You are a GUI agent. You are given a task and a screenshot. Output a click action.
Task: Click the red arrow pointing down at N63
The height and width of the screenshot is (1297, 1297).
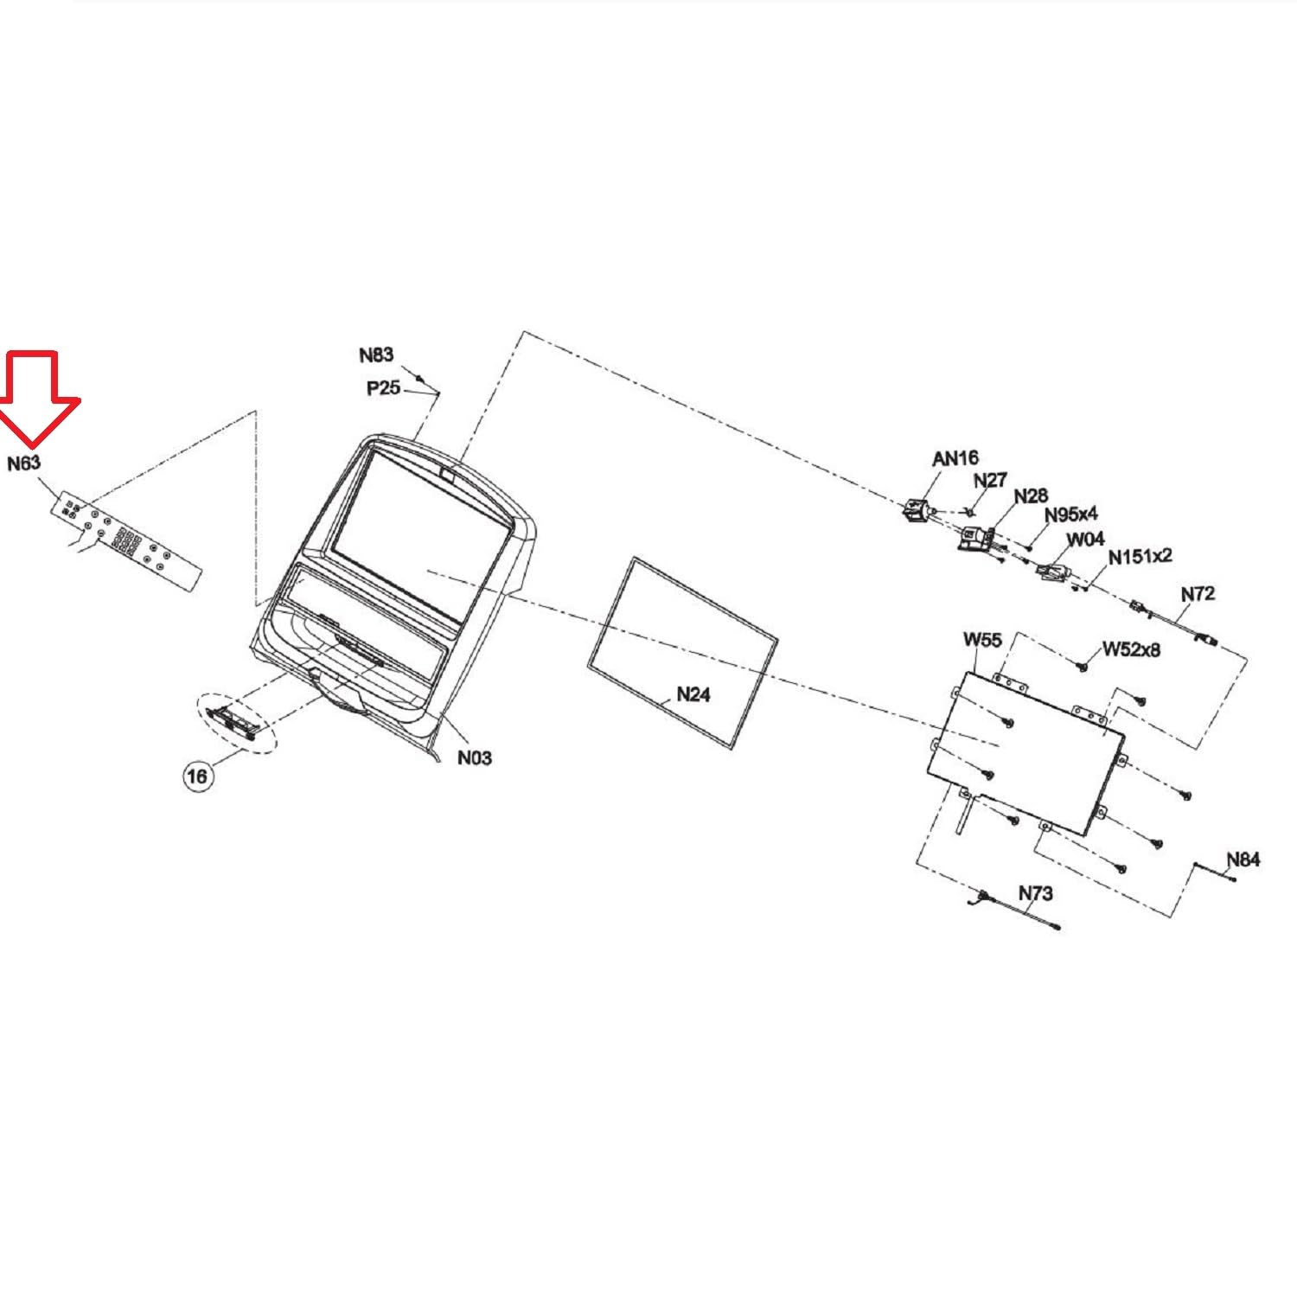38,397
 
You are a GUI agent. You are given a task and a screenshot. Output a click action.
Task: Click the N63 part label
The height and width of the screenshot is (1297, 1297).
24,463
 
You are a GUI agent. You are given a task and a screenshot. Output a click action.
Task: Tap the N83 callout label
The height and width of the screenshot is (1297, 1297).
376,355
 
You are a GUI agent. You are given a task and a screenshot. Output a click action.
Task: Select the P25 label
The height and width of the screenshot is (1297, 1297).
383,388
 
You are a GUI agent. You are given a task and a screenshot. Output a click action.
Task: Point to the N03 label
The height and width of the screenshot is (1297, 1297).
474,757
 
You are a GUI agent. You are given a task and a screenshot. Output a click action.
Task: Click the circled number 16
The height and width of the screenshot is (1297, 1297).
197,776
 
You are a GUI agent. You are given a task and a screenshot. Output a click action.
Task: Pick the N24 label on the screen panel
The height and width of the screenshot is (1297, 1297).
693,694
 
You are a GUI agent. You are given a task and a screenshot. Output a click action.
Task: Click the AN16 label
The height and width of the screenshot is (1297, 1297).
955,458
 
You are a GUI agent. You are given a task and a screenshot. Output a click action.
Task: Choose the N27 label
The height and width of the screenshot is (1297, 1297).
990,480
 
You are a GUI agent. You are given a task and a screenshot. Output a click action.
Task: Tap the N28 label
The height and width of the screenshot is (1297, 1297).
1031,495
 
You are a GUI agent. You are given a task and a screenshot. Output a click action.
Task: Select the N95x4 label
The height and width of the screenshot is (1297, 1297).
1071,514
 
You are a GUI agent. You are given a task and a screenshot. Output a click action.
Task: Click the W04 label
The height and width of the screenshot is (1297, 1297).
1085,540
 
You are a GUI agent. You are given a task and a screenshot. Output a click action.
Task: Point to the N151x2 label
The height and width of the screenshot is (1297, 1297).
1140,556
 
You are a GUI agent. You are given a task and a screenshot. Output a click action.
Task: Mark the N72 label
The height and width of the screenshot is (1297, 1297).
1198,593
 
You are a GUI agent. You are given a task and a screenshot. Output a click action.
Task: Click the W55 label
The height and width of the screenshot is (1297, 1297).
982,640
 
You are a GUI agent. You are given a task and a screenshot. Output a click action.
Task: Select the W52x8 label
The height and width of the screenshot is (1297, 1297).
1131,649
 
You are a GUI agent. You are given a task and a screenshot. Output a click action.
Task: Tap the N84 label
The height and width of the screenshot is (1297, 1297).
1243,859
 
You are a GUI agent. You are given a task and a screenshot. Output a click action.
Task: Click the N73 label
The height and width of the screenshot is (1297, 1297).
1035,892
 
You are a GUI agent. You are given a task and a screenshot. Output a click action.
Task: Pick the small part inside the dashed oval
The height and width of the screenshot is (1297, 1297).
233,719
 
